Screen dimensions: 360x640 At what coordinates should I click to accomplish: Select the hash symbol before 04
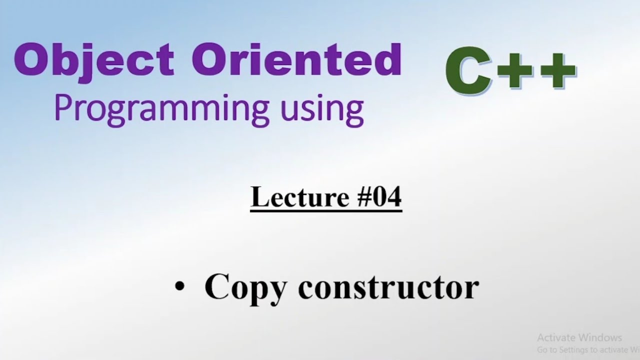(x=352, y=197)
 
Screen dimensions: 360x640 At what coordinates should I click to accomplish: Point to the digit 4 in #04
(x=393, y=196)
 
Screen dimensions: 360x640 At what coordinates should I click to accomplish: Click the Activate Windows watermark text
(x=579, y=337)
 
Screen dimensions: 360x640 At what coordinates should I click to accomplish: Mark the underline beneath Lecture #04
(x=326, y=211)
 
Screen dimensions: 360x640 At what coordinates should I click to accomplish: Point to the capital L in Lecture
(x=258, y=196)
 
